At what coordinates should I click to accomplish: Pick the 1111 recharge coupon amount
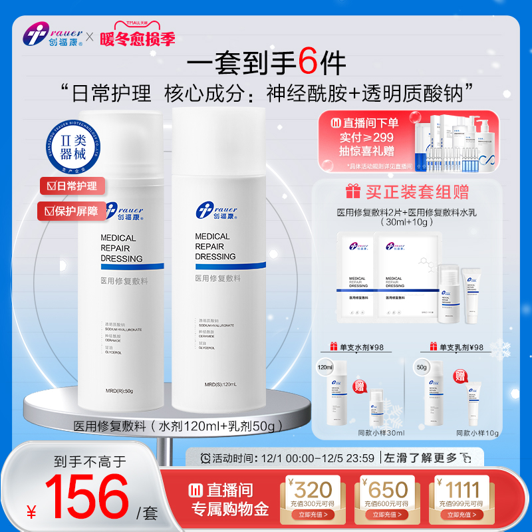click(460, 489)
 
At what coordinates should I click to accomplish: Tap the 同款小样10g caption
click(477, 433)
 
